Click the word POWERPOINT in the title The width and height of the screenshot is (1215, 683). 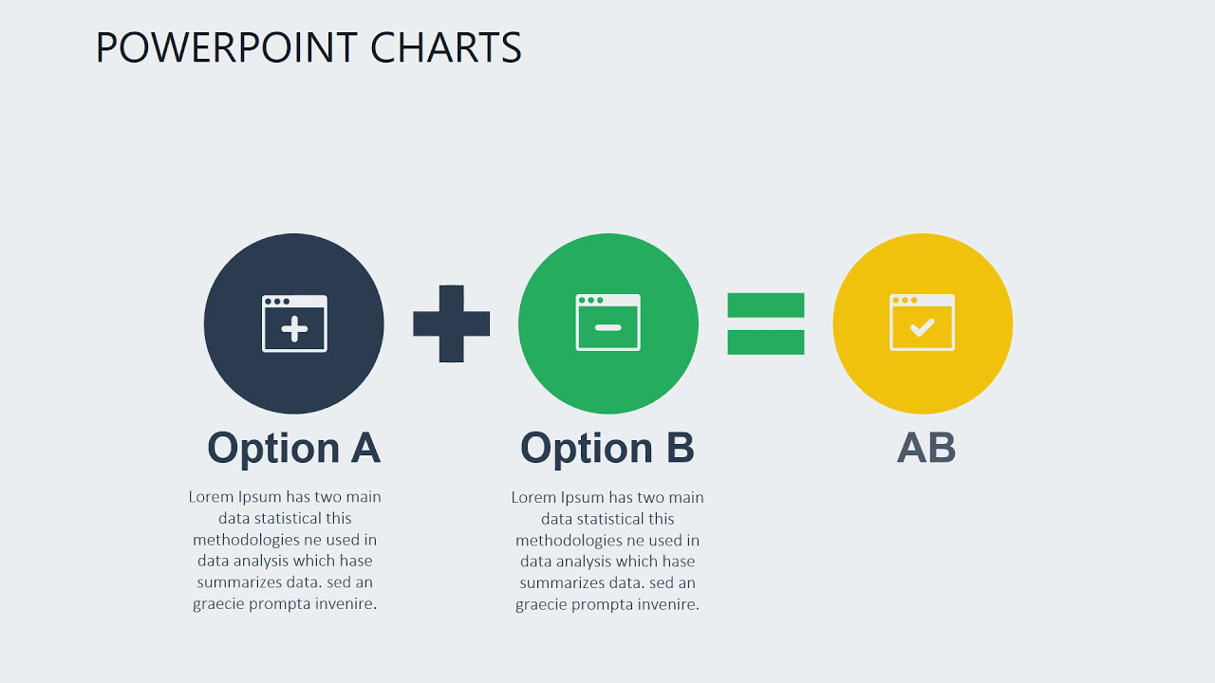[x=227, y=47]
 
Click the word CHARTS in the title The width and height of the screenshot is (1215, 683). [x=446, y=47]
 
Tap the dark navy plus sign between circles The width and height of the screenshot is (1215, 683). [x=452, y=323]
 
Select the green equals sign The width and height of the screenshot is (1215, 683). [x=766, y=323]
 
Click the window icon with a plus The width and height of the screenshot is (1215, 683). [x=294, y=323]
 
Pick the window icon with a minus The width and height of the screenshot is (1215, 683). [x=608, y=323]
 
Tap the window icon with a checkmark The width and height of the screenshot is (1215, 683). [x=922, y=323]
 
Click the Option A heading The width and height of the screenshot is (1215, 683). [x=294, y=448]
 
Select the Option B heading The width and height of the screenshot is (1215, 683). [x=607, y=448]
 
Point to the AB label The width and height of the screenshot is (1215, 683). [x=926, y=448]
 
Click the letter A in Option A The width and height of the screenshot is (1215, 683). [x=365, y=448]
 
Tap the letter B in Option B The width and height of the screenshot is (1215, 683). [x=680, y=448]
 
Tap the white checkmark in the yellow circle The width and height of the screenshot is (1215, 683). [x=922, y=328]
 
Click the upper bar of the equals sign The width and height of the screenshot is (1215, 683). [x=766, y=305]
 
